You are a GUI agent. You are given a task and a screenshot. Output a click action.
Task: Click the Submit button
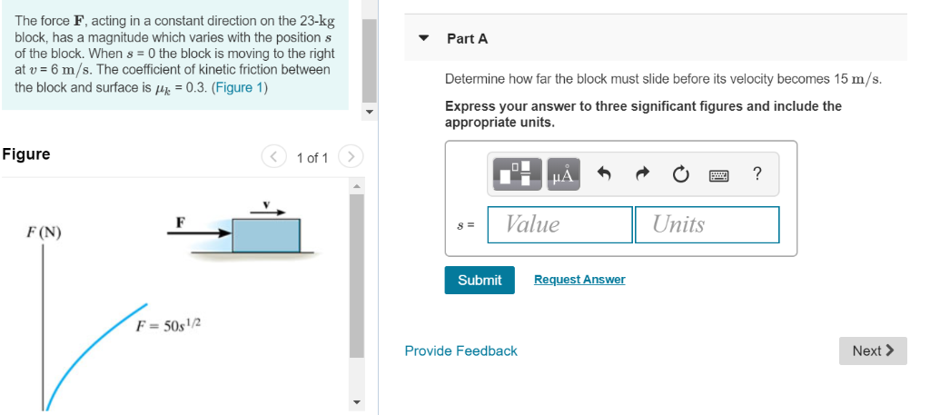(x=480, y=280)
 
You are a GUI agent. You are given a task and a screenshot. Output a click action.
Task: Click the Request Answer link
(x=579, y=280)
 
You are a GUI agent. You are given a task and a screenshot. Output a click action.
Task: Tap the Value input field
(x=559, y=224)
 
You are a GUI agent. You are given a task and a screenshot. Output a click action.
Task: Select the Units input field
(x=707, y=224)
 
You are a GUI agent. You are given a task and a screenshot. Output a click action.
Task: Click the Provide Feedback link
(x=460, y=351)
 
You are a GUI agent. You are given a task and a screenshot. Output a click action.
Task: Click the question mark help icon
(x=757, y=173)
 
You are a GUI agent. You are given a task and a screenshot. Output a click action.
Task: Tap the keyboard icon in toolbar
(x=720, y=174)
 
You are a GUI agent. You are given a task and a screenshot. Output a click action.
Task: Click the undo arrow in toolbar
(x=604, y=174)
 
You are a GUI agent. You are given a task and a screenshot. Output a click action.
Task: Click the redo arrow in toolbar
(x=641, y=174)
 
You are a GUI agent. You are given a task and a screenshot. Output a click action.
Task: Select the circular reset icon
(x=681, y=174)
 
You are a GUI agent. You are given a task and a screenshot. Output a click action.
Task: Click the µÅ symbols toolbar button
(x=563, y=174)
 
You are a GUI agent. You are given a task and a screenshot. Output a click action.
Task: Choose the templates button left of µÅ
(x=518, y=174)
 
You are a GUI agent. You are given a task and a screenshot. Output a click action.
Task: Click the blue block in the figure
(x=265, y=235)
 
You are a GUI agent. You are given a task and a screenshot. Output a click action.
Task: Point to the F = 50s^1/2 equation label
(x=167, y=326)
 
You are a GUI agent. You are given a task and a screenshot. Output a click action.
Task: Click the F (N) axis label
(x=44, y=232)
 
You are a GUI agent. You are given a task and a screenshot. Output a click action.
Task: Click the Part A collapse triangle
(x=423, y=39)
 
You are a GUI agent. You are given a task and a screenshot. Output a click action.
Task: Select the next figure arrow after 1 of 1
(x=351, y=157)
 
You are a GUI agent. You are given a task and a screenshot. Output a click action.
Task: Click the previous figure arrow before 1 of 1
(x=273, y=157)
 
